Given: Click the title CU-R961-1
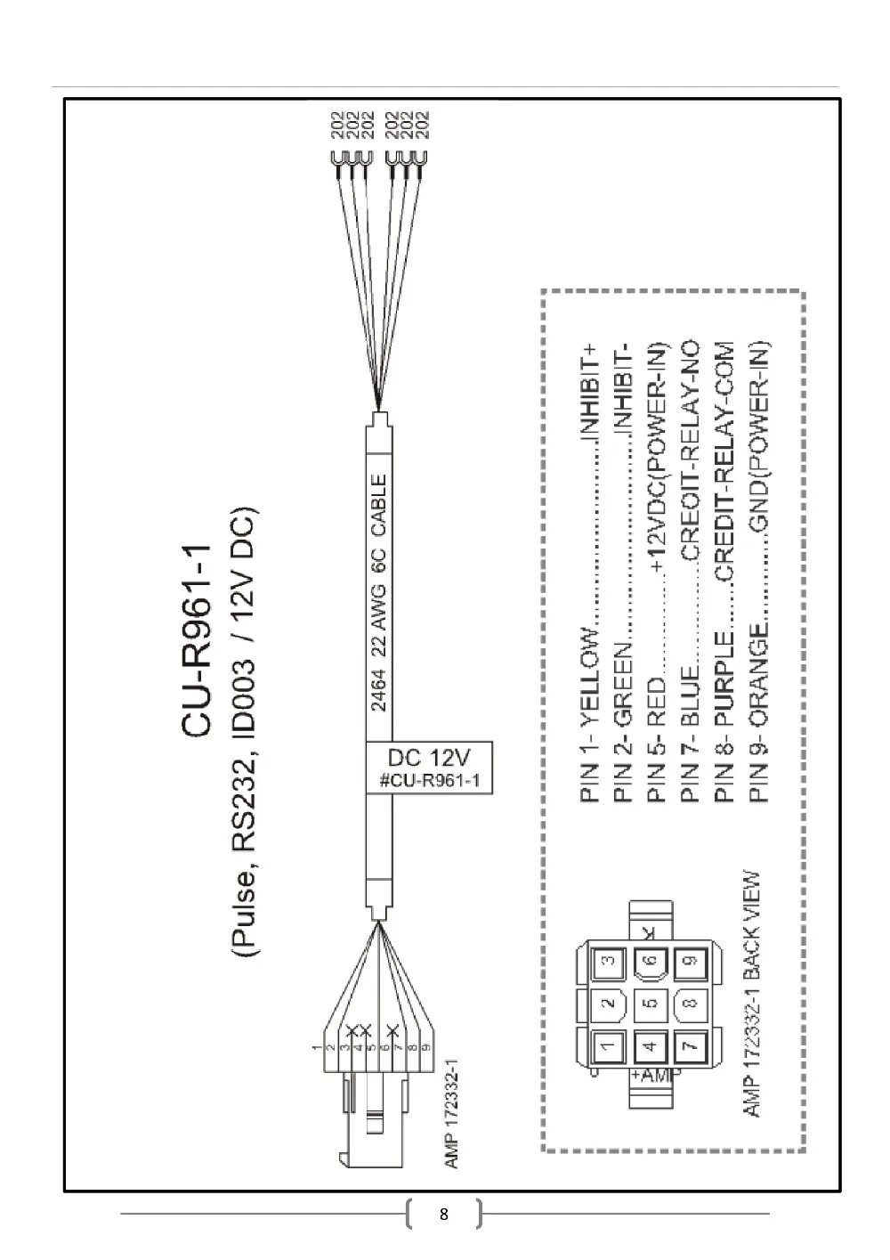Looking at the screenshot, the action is (x=196, y=640).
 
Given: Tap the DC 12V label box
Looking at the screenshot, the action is (x=429, y=768).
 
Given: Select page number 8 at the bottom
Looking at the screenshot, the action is (x=443, y=1214).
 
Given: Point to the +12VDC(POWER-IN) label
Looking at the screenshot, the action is (x=657, y=456).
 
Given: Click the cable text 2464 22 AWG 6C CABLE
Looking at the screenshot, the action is (x=379, y=593).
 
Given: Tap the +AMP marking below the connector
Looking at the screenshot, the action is (x=654, y=1076).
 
